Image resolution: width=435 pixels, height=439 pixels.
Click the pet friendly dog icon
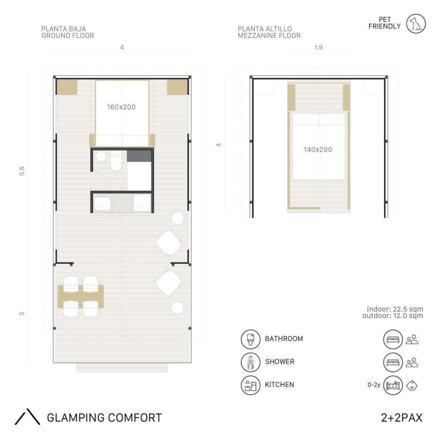pyautogui.click(x=416, y=24)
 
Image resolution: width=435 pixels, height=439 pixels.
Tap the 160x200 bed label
pyautogui.click(x=121, y=107)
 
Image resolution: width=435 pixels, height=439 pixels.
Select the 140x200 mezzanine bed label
pyautogui.click(x=318, y=150)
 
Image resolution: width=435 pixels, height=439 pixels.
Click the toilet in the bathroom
pyautogui.click(x=116, y=161)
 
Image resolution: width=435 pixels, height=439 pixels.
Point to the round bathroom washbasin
pyautogui.click(x=100, y=157)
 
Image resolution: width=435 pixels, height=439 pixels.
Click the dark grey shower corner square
pyautogui.click(x=139, y=156)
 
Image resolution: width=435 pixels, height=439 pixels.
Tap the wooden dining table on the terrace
pyautogui.click(x=81, y=297)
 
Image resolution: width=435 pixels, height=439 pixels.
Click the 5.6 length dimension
pyautogui.click(x=22, y=171)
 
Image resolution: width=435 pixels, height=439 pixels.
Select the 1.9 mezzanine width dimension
pyautogui.click(x=319, y=47)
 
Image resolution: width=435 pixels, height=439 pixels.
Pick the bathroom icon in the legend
pyautogui.click(x=250, y=339)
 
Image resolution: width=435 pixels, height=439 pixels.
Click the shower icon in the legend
pyautogui.click(x=250, y=362)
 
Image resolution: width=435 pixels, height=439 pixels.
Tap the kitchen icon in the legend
pyautogui.click(x=250, y=385)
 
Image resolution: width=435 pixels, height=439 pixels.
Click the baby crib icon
pyautogui.click(x=393, y=385)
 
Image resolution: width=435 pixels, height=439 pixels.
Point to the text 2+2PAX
pyautogui.click(x=401, y=418)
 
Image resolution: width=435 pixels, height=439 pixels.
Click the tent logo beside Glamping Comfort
pyautogui.click(x=27, y=417)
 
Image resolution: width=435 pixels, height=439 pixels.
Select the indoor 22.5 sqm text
pyautogui.click(x=395, y=309)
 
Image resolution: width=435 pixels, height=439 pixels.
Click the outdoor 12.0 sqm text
pyautogui.click(x=393, y=316)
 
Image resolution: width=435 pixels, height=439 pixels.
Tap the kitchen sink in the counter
pyautogui.click(x=102, y=204)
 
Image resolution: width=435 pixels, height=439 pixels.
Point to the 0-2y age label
pyautogui.click(x=374, y=385)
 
